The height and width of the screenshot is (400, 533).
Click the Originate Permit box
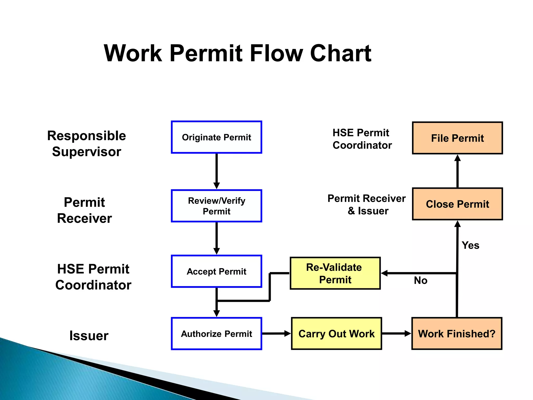tap(216, 137)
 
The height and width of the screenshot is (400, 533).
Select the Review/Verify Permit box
tap(216, 206)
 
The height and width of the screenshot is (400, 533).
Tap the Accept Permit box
tap(216, 271)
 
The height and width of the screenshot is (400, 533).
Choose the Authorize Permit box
tap(216, 334)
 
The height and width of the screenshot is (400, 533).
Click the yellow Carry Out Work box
tap(336, 334)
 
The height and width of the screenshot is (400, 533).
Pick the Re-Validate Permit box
tap(335, 273)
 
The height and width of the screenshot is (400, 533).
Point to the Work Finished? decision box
tap(456, 334)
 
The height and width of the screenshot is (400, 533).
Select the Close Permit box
tap(457, 204)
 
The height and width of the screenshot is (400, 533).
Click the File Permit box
tap(457, 138)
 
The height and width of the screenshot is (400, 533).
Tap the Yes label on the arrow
tap(470, 245)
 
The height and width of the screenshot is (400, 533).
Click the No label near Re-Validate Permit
tap(421, 280)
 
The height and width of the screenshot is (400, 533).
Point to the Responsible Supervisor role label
tap(86, 143)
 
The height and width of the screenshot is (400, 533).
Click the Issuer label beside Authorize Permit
tap(89, 335)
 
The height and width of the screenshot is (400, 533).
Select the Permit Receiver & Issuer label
tap(366, 204)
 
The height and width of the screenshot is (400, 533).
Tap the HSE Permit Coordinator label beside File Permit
tap(362, 139)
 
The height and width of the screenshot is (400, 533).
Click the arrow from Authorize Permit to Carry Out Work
tap(276, 334)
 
